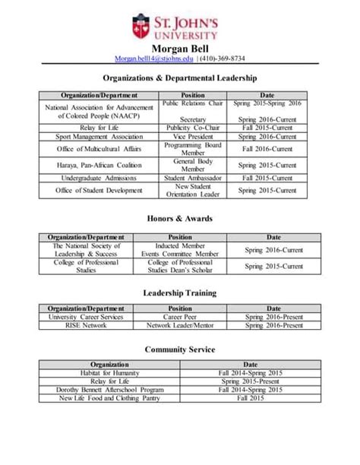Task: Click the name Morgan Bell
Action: pos(180,49)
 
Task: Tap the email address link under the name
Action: pos(154,59)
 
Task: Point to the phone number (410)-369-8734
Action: pos(222,59)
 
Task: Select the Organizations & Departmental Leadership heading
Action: pos(180,78)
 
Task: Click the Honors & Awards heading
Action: pos(180,219)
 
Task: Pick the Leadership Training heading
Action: pos(180,293)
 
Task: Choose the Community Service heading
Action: pos(180,350)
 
